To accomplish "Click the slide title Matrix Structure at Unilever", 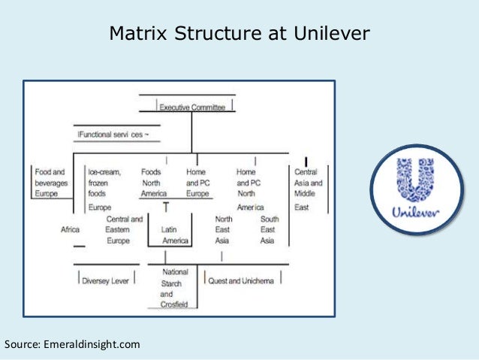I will (239, 35).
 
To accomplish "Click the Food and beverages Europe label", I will (50, 183).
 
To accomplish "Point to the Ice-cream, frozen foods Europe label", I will (105, 189).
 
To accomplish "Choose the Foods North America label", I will (153, 183).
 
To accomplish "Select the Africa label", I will (71, 230).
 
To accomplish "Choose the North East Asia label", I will (224, 230).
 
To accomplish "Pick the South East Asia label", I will (268, 230).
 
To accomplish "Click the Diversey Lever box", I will (106, 280).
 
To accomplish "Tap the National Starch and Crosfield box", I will (176, 287).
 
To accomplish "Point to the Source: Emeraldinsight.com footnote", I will (72, 345).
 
